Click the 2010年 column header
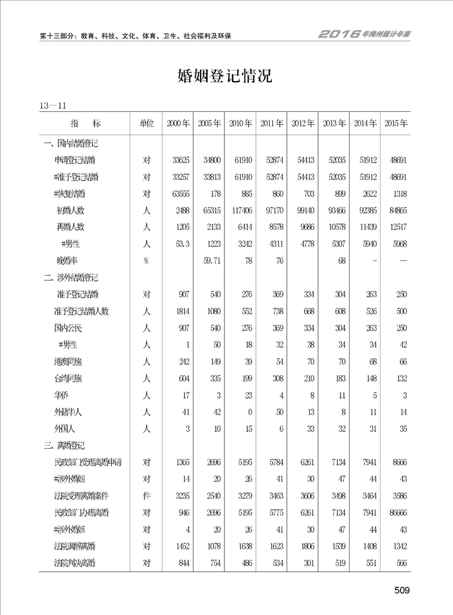click(x=240, y=124)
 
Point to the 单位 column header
click(x=146, y=124)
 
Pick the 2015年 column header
click(x=396, y=124)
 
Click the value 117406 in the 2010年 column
click(x=239, y=210)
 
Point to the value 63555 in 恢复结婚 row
click(x=178, y=194)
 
